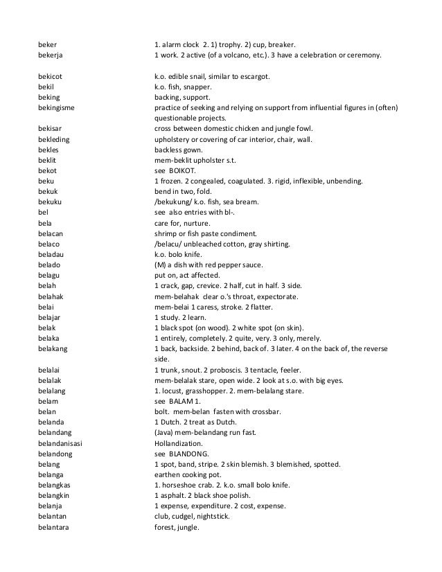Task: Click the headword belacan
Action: pos(52,233)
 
